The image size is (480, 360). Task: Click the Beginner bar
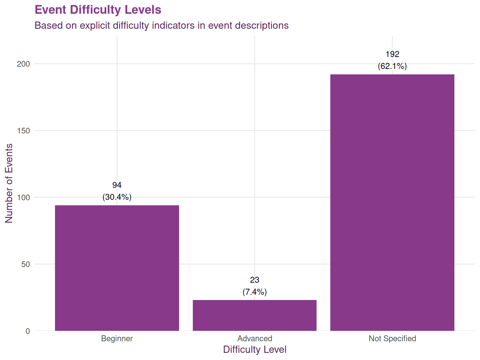pyautogui.click(x=117, y=268)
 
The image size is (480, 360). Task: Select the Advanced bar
pyautogui.click(x=254, y=315)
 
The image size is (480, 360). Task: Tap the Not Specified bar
pyautogui.click(x=392, y=202)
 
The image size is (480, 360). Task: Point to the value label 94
pyautogui.click(x=117, y=185)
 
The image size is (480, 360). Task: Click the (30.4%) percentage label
pyautogui.click(x=117, y=197)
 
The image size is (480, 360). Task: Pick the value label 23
pyautogui.click(x=255, y=280)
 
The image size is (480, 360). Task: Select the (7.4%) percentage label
pyautogui.click(x=255, y=292)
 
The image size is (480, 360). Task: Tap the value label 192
pyautogui.click(x=392, y=54)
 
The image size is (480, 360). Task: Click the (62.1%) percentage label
pyautogui.click(x=392, y=66)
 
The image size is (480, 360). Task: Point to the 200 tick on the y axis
pyautogui.click(x=23, y=64)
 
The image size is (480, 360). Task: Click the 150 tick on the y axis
pyautogui.click(x=23, y=131)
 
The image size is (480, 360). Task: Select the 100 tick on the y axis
pyautogui.click(x=23, y=197)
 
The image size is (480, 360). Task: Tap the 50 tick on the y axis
pyautogui.click(x=26, y=264)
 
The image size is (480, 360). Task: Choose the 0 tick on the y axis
pyautogui.click(x=28, y=331)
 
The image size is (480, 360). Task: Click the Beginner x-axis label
pyautogui.click(x=117, y=338)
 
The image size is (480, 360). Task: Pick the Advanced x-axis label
pyautogui.click(x=255, y=338)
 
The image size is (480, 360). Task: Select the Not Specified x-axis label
pyautogui.click(x=392, y=338)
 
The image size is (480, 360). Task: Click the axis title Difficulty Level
pyautogui.click(x=255, y=349)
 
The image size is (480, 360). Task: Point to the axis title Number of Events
pyautogui.click(x=9, y=183)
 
